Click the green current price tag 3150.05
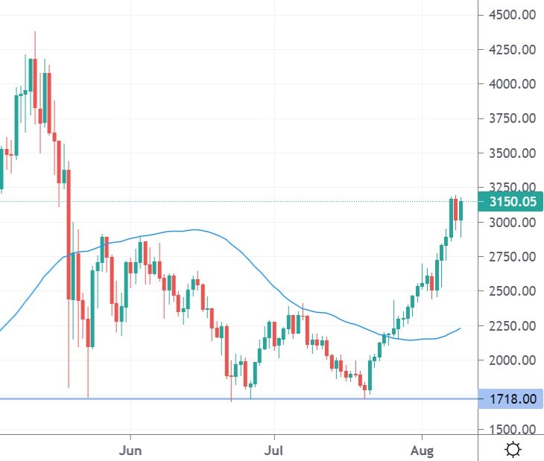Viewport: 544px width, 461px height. click(x=512, y=202)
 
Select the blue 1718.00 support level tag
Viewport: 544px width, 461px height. click(x=512, y=399)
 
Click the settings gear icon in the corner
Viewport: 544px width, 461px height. click(x=513, y=449)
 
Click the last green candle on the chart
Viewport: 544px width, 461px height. click(x=461, y=210)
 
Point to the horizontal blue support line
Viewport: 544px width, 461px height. click(x=224, y=399)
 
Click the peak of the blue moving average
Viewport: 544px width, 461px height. click(x=194, y=229)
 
